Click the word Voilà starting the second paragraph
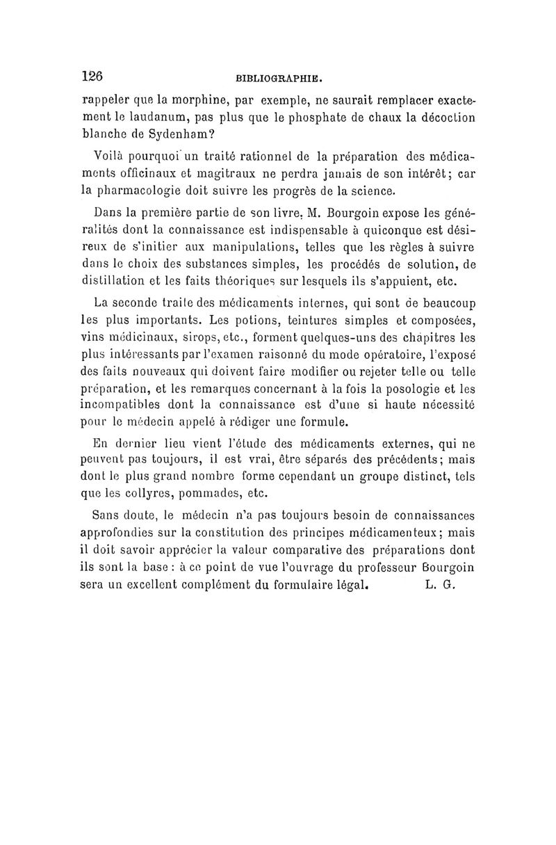coord(108,156)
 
